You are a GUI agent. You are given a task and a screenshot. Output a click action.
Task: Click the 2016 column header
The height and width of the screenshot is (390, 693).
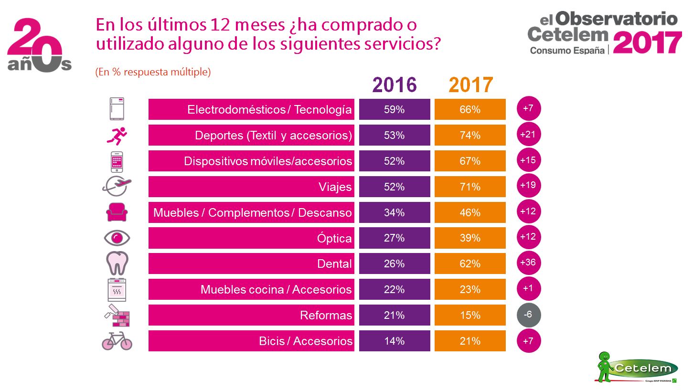(x=394, y=85)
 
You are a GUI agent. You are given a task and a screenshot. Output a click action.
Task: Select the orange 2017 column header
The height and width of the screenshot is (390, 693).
(x=470, y=85)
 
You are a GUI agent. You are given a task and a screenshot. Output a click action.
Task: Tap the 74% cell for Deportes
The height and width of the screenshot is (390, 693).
(x=470, y=135)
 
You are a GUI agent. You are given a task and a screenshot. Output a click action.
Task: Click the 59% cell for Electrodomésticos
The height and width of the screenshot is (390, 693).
(x=394, y=109)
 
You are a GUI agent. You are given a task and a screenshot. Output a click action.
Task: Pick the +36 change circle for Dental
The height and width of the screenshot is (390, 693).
(x=528, y=263)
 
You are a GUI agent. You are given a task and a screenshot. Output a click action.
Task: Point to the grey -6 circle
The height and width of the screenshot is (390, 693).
(x=528, y=315)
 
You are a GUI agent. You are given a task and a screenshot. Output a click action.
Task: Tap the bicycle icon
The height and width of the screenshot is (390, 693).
(x=117, y=341)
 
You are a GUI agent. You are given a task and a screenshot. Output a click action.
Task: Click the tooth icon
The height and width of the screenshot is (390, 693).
(x=117, y=263)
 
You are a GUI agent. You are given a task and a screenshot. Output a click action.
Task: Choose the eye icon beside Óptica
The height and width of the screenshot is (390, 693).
(x=117, y=237)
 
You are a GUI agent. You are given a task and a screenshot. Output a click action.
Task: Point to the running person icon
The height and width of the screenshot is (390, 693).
(x=117, y=136)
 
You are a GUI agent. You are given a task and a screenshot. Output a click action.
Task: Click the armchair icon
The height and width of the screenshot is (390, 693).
(x=117, y=212)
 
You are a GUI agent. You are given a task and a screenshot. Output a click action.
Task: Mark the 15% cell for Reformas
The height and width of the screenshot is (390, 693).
(x=470, y=315)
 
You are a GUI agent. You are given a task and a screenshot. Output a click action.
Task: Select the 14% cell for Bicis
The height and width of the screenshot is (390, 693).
(x=394, y=341)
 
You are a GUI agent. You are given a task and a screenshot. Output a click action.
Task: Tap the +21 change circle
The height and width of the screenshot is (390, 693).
(x=528, y=135)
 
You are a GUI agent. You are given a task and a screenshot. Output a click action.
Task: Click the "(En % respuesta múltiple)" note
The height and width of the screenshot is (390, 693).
(x=153, y=72)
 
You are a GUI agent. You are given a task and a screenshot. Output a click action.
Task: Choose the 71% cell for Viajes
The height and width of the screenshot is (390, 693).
(x=470, y=187)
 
